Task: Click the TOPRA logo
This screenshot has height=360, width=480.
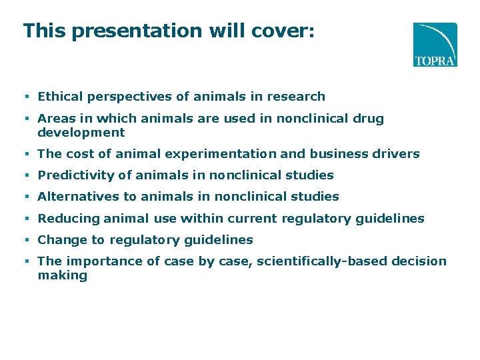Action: coord(435,44)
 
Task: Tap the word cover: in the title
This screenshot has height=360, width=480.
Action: coord(285,31)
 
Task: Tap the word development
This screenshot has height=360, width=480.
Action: coord(81,133)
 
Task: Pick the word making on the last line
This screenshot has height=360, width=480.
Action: coord(62,275)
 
